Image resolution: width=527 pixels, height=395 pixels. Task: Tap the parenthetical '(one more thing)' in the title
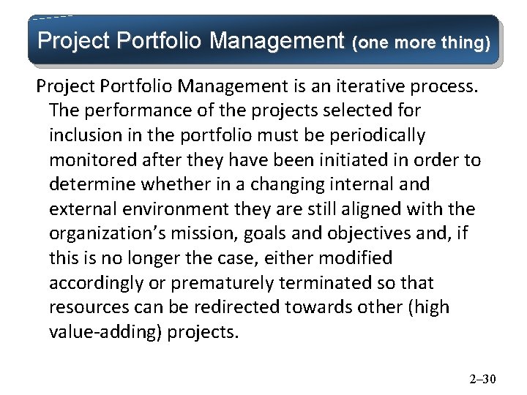[x=422, y=42]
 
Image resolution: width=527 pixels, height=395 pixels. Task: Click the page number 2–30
[x=482, y=379]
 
